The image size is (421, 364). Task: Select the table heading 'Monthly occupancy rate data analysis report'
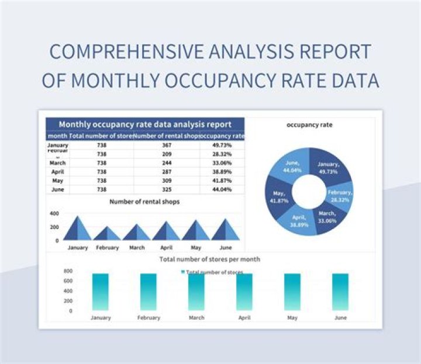(x=145, y=124)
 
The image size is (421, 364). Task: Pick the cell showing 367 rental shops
(x=167, y=145)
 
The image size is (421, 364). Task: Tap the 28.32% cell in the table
(x=222, y=154)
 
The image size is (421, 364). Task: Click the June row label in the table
(x=57, y=190)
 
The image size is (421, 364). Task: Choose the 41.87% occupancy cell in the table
(x=222, y=181)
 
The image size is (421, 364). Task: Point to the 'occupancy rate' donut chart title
(x=310, y=125)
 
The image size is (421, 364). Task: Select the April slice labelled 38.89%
(x=299, y=220)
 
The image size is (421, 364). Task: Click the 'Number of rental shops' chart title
(x=144, y=202)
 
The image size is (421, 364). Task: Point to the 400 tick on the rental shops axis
(x=54, y=214)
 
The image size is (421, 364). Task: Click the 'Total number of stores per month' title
(x=210, y=259)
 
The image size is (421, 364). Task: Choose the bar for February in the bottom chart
(x=149, y=292)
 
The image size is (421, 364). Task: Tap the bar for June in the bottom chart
(x=340, y=292)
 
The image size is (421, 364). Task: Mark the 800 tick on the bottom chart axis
(x=68, y=272)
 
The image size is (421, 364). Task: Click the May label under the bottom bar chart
(x=292, y=318)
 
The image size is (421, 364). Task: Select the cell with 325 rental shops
(x=167, y=190)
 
